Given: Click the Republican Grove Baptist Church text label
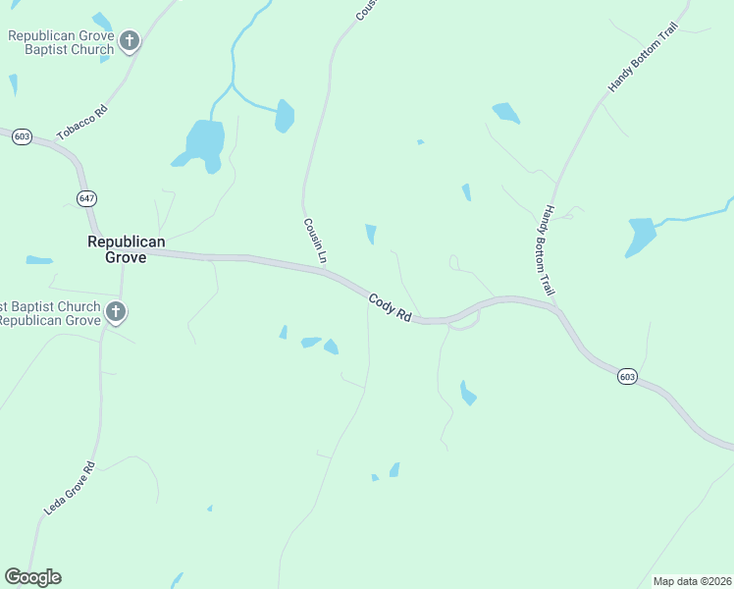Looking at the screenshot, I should [x=61, y=42].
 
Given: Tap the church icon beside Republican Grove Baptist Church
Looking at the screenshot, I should [x=131, y=41].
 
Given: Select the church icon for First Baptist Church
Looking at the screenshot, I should [x=116, y=313].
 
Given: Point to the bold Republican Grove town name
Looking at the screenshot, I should [x=127, y=249].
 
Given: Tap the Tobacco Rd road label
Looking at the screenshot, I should [x=81, y=122].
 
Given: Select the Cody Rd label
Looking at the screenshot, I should [x=390, y=307].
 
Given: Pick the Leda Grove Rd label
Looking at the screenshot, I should [x=70, y=489].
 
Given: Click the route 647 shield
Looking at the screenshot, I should [x=86, y=198].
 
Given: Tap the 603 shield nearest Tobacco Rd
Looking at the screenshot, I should [x=22, y=136].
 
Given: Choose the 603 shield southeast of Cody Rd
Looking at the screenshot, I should [x=628, y=376].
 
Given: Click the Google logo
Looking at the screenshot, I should [x=32, y=577].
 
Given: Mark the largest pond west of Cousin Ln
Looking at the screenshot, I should [x=205, y=143].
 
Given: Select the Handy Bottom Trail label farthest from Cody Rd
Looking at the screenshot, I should [x=643, y=59].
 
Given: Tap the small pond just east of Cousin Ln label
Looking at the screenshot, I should [x=371, y=234].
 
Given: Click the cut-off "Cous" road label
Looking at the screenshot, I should [x=365, y=10].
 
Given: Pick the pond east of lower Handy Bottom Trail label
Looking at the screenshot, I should [x=641, y=237].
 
